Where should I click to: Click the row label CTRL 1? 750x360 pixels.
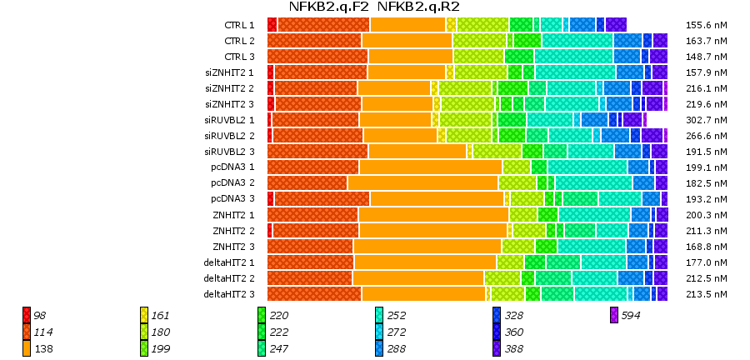(240, 25)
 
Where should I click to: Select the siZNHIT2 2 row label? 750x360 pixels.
(229, 88)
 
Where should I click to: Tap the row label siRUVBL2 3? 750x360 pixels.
(229, 152)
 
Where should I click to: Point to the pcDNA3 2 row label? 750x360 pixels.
(232, 183)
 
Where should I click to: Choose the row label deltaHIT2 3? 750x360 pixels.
(229, 294)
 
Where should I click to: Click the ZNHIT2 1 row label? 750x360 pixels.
(233, 215)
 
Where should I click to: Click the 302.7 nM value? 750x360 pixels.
(705, 120)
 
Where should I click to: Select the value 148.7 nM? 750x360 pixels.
(705, 57)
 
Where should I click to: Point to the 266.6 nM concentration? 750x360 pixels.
(705, 136)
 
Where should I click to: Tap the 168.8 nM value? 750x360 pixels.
(705, 247)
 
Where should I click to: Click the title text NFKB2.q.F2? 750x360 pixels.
(328, 7)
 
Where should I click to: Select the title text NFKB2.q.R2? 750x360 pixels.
(418, 7)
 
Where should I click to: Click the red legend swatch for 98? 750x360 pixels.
(27, 315)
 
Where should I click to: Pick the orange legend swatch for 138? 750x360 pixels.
(27, 348)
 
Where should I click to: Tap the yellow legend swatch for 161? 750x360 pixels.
(144, 315)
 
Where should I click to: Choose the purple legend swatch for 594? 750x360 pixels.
(614, 315)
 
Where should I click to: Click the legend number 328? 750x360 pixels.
(513, 316)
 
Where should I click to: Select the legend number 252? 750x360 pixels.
(396, 316)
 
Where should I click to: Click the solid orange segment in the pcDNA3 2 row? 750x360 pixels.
(422, 183)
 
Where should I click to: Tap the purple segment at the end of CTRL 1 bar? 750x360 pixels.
(616, 25)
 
